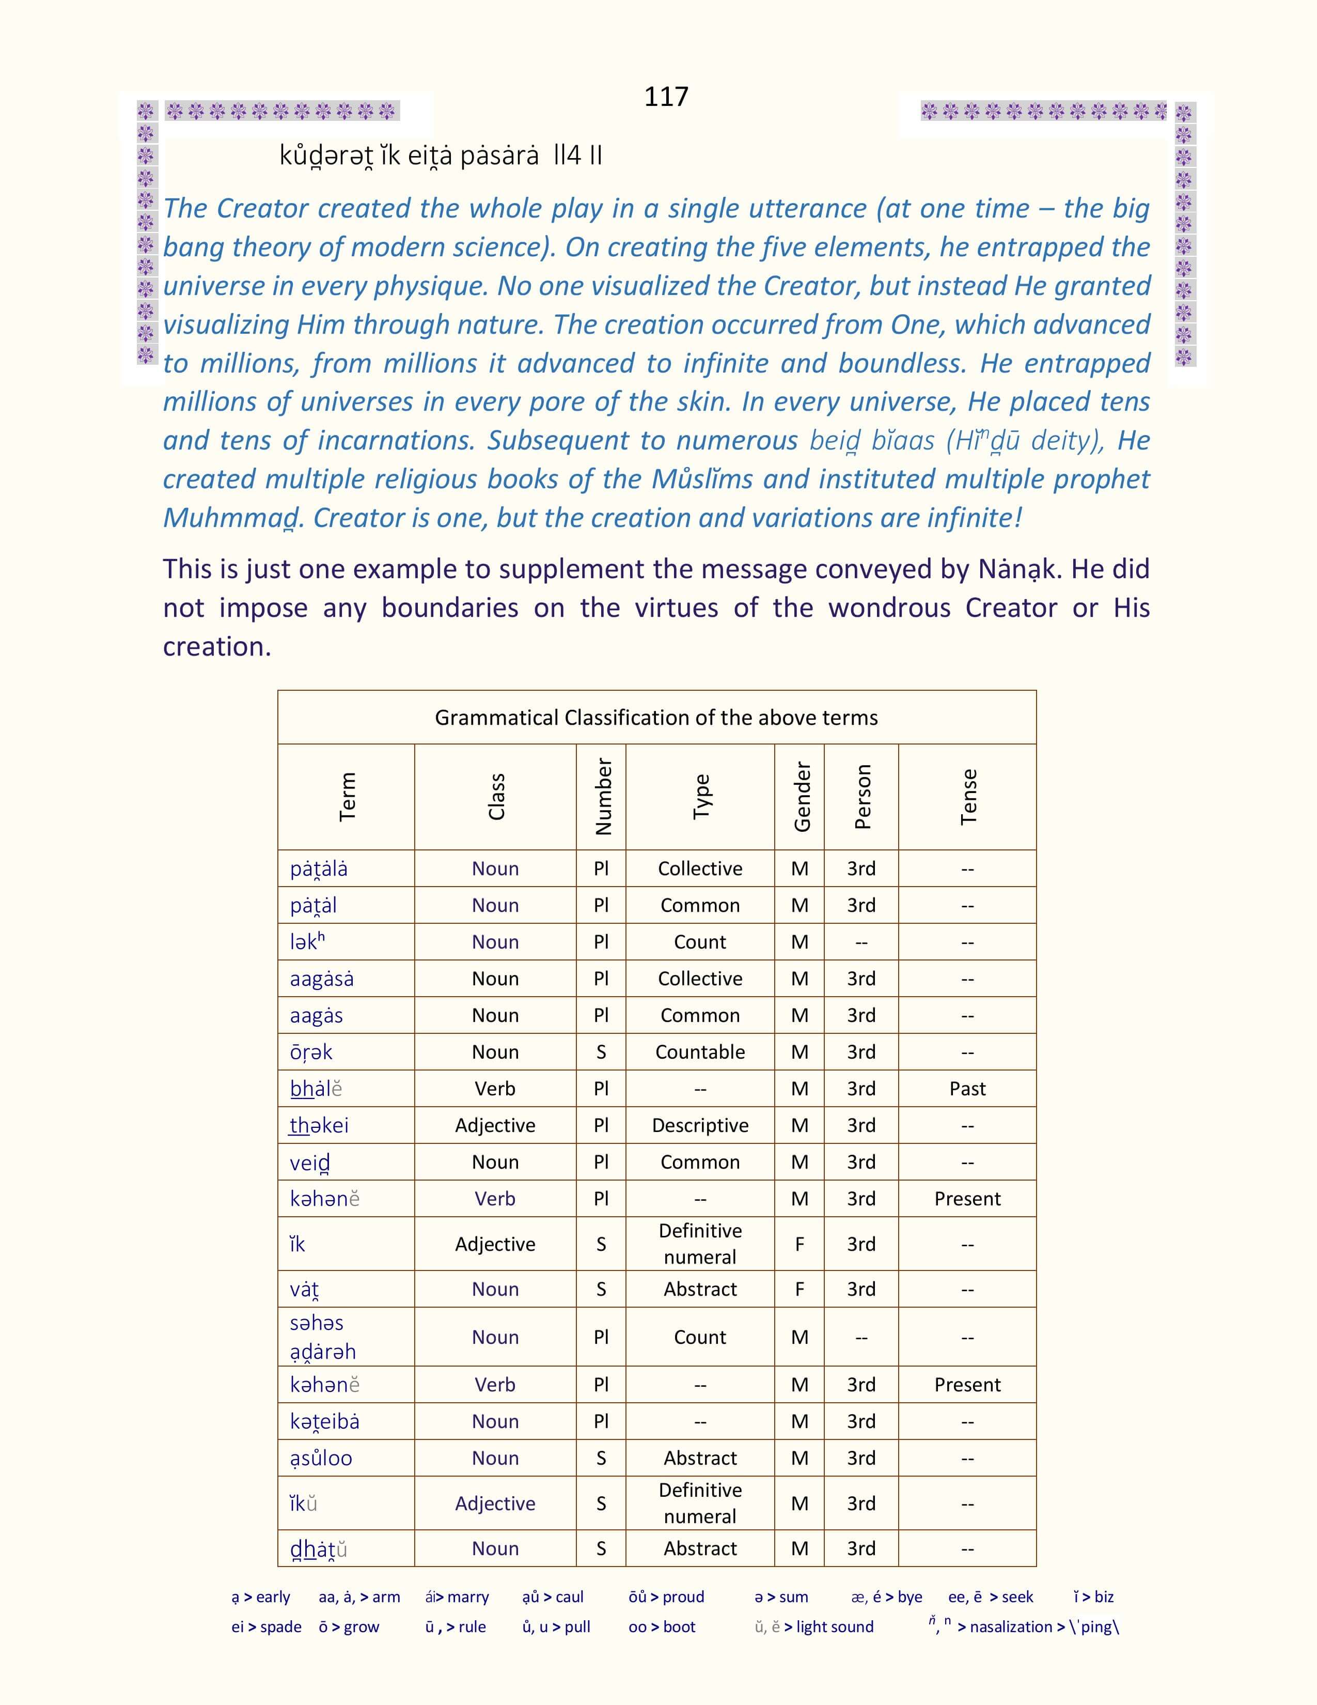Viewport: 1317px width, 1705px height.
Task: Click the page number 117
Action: [666, 97]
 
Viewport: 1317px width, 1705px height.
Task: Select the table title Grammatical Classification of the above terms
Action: [656, 718]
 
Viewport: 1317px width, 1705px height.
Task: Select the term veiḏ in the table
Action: [310, 1163]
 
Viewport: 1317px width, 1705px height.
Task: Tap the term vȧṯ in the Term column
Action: [304, 1290]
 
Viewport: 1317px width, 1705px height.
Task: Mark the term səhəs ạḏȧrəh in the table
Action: [323, 1337]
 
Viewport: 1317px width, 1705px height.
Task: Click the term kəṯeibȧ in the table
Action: [324, 1422]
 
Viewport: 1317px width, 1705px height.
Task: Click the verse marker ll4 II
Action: [577, 156]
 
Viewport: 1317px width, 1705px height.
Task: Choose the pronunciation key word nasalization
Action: [1011, 1627]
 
